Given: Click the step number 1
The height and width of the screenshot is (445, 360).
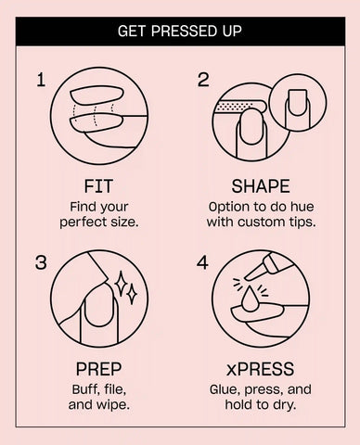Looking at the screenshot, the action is pyautogui.click(x=41, y=80).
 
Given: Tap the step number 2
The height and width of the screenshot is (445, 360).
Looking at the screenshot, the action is pyautogui.click(x=203, y=80).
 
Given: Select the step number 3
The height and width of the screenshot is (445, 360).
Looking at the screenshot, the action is pyautogui.click(x=41, y=262).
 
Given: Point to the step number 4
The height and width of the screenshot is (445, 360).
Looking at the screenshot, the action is pyautogui.click(x=202, y=262).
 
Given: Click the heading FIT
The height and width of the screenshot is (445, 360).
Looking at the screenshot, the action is pyautogui.click(x=98, y=186).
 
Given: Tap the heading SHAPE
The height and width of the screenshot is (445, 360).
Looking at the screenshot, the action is pyautogui.click(x=261, y=186).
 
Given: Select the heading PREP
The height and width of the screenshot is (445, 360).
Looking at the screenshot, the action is pyautogui.click(x=98, y=369).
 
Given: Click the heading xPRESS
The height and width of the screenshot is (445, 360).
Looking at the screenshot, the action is pyautogui.click(x=260, y=369).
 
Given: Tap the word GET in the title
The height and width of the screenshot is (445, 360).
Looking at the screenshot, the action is pyautogui.click(x=131, y=32).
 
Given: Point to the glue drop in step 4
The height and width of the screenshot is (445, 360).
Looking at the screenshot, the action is pyautogui.click(x=249, y=298).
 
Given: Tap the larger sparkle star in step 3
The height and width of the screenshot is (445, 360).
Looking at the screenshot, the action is pyautogui.click(x=121, y=284).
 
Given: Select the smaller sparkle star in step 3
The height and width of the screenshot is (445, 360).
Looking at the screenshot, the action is pyautogui.click(x=133, y=294).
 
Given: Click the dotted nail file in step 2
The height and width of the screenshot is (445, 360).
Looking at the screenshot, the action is pyautogui.click(x=239, y=107).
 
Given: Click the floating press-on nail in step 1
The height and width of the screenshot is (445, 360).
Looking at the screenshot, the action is pyautogui.click(x=97, y=95).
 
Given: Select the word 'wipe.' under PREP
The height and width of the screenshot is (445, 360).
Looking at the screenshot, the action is pyautogui.click(x=114, y=405).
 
